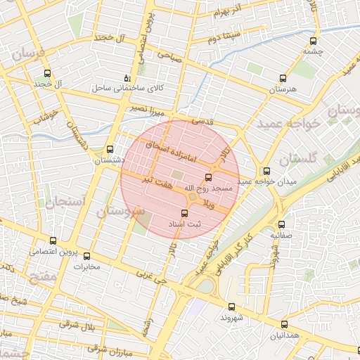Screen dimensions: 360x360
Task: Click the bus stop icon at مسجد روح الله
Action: click(x=207, y=177)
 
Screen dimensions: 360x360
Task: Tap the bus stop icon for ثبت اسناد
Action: click(x=185, y=213)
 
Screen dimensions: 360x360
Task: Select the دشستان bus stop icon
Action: click(x=110, y=149)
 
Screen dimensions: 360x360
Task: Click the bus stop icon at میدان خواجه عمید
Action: click(x=266, y=171)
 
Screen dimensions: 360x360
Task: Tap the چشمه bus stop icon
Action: click(x=314, y=41)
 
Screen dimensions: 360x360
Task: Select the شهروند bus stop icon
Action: click(x=232, y=307)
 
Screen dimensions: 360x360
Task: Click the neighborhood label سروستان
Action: click(x=121, y=210)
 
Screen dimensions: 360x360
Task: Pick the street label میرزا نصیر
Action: click(x=146, y=108)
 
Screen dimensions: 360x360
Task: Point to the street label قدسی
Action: click(x=203, y=121)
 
